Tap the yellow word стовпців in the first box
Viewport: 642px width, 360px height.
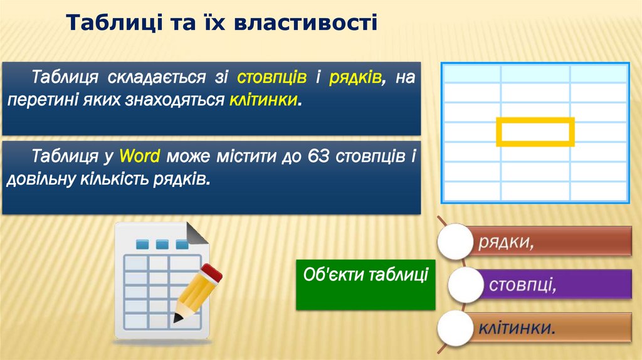[x=272, y=77]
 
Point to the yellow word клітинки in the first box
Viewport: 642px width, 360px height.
[x=263, y=100]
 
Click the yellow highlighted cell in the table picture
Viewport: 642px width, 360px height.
[x=535, y=132]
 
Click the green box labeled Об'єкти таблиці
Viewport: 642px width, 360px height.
[x=366, y=284]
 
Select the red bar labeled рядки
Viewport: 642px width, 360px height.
[x=552, y=241]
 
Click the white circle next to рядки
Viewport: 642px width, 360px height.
[x=455, y=241]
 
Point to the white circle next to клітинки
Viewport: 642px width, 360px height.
[x=455, y=328]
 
